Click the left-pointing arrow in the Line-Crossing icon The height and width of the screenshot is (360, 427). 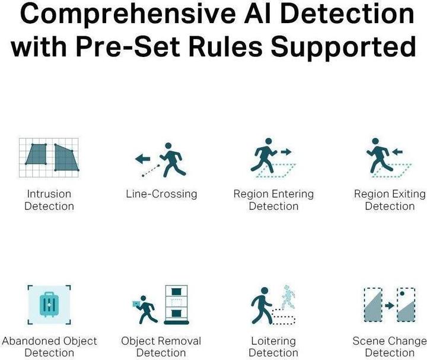[143, 158]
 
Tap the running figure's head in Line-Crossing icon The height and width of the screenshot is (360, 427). [168, 146]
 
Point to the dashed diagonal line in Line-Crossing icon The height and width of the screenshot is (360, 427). [151, 170]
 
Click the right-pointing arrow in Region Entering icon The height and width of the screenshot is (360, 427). [286, 152]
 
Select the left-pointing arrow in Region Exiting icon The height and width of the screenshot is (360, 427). [397, 152]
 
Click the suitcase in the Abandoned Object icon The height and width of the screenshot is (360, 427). [49, 304]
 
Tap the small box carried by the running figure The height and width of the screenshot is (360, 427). [135, 304]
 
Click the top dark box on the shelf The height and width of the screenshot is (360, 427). [176, 292]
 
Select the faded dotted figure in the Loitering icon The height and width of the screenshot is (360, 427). [288, 297]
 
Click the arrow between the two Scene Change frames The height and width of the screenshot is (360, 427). [390, 305]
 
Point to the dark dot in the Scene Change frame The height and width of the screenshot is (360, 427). [402, 294]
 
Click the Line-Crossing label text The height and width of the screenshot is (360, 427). [161, 194]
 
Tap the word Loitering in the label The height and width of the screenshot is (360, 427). [273, 341]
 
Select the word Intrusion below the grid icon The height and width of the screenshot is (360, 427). [49, 194]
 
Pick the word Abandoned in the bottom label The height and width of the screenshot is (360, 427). [27, 341]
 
